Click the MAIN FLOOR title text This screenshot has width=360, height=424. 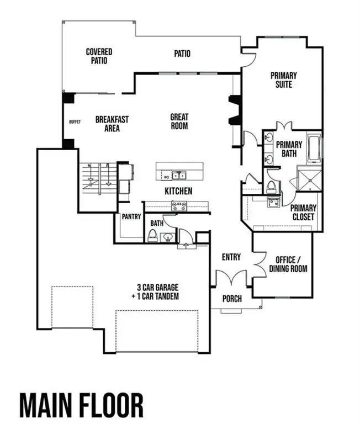click(82, 405)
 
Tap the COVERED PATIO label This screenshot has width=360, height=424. click(99, 56)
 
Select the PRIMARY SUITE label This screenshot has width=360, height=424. click(284, 80)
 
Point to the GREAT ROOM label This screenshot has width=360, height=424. click(179, 121)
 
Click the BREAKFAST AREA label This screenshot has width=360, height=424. click(112, 123)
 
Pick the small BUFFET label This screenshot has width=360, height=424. click(75, 122)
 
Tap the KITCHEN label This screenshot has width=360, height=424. click(178, 191)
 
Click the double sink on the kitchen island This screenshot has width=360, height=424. click(178, 176)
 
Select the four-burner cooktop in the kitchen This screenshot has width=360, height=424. click(179, 206)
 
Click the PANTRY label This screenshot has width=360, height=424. click(131, 217)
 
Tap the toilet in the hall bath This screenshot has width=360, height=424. click(152, 236)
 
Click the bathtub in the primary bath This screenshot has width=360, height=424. click(314, 148)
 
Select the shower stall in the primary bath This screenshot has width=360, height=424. click(309, 178)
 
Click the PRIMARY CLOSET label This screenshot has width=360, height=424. click(303, 212)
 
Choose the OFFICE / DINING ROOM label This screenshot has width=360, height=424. click(288, 264)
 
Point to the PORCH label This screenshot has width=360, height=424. click(232, 299)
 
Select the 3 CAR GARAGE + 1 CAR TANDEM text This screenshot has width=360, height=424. click(158, 291)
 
